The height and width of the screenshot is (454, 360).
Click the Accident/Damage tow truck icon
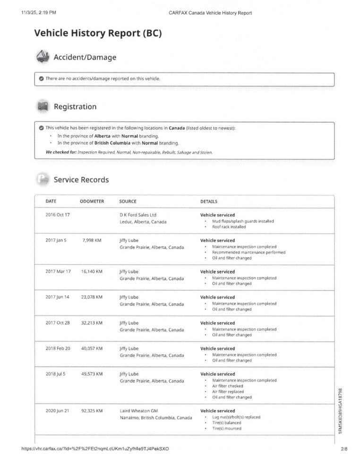coord(43,56)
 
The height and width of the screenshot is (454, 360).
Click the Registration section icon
coord(43,106)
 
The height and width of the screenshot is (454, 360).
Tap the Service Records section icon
coord(43,179)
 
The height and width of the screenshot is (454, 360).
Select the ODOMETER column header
coord(92,201)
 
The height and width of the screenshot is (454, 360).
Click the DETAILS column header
coord(209,201)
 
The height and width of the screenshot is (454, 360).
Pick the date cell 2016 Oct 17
coord(58,215)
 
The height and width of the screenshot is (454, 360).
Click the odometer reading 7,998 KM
coord(92,240)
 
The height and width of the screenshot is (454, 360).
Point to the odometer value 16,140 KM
coord(92,271)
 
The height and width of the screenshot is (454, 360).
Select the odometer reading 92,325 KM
coord(92,411)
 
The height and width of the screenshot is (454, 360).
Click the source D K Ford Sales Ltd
coord(138,215)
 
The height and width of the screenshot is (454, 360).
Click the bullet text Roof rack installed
coord(229,227)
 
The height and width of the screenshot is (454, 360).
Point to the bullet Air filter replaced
coord(228,392)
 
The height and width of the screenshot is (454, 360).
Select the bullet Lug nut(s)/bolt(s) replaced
coord(236,417)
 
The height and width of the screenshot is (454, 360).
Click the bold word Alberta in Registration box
coord(102,136)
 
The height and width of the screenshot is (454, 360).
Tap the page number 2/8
coord(343,448)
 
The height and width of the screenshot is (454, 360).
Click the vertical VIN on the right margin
coord(341,411)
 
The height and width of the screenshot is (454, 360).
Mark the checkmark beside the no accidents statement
coord(42,79)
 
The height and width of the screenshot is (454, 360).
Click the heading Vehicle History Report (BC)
coord(98,33)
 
